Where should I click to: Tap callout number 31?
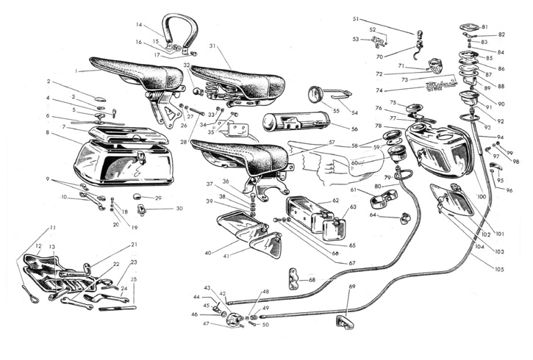point(211,46)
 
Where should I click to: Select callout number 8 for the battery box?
point(48,132)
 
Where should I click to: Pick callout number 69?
point(351,286)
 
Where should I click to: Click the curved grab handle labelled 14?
point(176,29)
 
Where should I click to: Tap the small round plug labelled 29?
point(137,198)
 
